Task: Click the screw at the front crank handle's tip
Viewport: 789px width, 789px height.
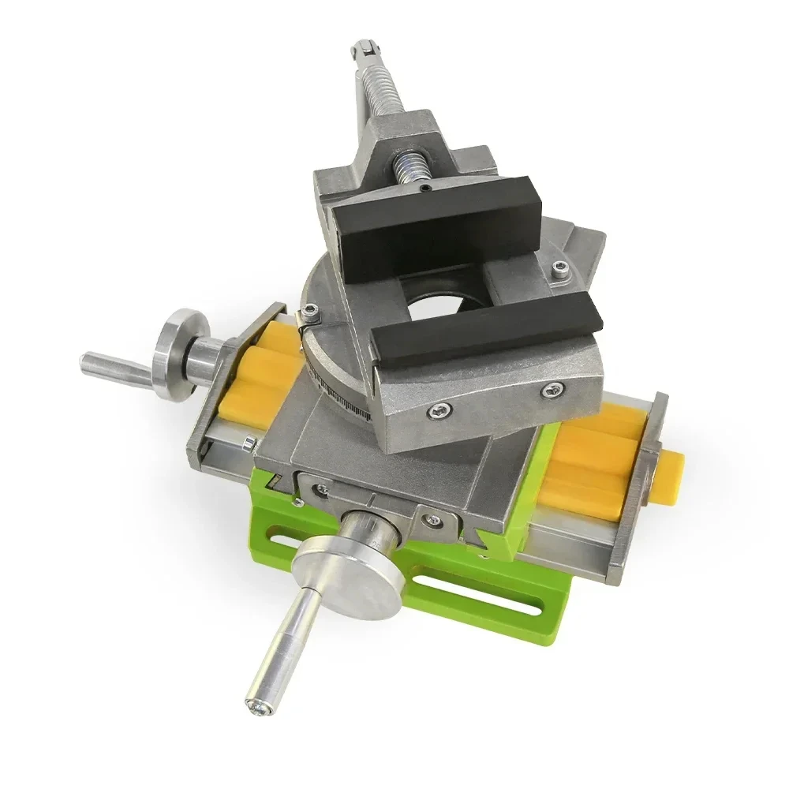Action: (x=258, y=708)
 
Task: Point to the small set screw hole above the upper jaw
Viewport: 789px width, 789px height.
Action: (x=424, y=189)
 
